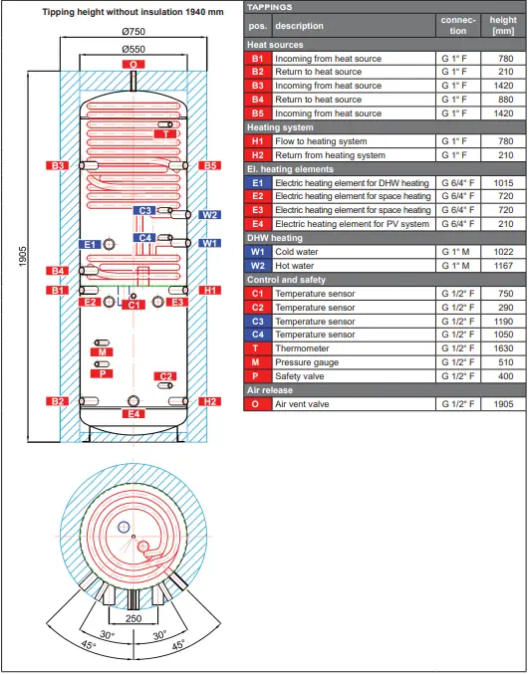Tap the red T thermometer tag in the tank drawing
point(166,133)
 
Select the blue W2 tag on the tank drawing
point(209,215)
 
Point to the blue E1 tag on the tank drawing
point(89,244)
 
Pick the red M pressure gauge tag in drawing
point(103,351)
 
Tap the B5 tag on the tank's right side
point(209,166)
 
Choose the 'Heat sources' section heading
point(275,45)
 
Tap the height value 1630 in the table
point(503,348)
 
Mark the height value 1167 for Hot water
point(503,266)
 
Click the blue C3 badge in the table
point(257,322)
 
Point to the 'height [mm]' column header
point(503,25)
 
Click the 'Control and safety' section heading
point(286,280)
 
